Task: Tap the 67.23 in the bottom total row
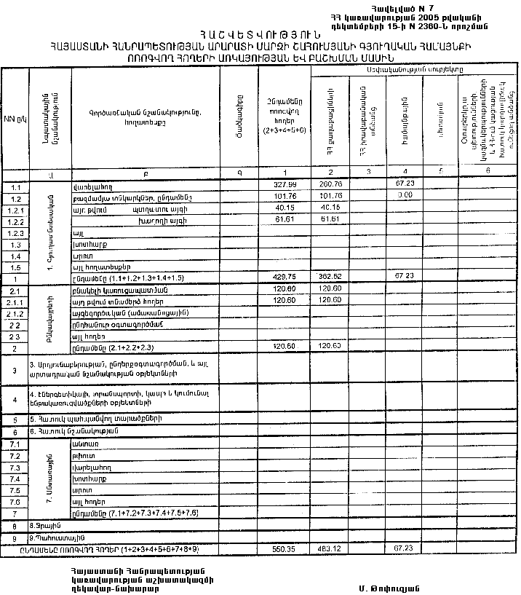click(404, 547)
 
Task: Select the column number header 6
click(488, 172)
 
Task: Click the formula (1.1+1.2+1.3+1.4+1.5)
click(145, 278)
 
